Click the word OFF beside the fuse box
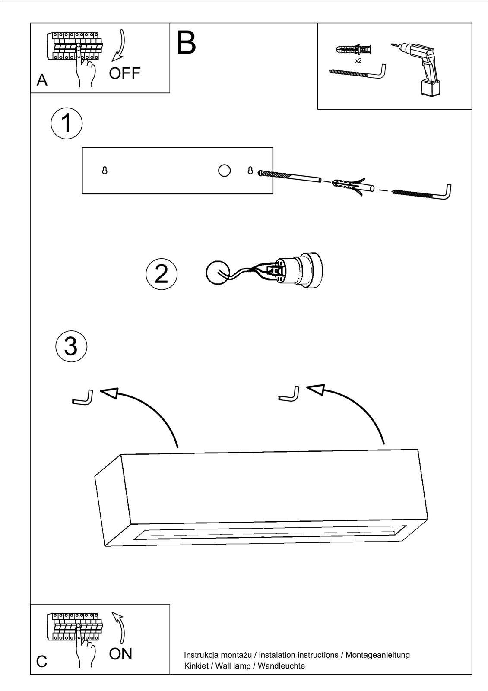tap(124, 73)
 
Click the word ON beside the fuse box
tap(120, 654)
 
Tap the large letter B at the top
tap(187, 43)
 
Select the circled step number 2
tap(161, 274)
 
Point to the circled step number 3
tap(71, 346)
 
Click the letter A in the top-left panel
tap(42, 80)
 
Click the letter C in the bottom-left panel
tap(41, 662)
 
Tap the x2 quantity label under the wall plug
tap(358, 61)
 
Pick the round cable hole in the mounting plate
tap(224, 171)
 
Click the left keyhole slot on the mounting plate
tap(104, 171)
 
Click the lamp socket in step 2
tap(298, 272)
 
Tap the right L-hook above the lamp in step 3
tap(289, 395)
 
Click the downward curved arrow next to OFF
tap(119, 45)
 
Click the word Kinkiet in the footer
tap(196, 666)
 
